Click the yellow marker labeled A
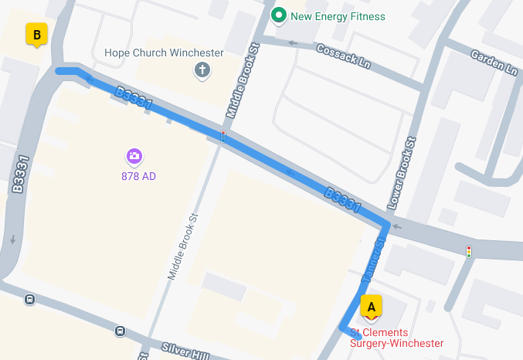(372, 307)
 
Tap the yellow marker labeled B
(36, 35)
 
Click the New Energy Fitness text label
(338, 16)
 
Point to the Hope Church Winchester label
(164, 53)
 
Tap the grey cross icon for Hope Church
(202, 71)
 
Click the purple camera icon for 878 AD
(134, 157)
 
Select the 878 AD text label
(139, 176)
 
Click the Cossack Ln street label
(345, 56)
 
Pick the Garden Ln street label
(494, 63)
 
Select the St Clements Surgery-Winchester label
(397, 338)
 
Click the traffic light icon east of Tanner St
(468, 251)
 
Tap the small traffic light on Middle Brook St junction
(223, 137)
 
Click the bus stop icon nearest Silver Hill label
(121, 331)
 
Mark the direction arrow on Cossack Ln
(293, 43)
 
